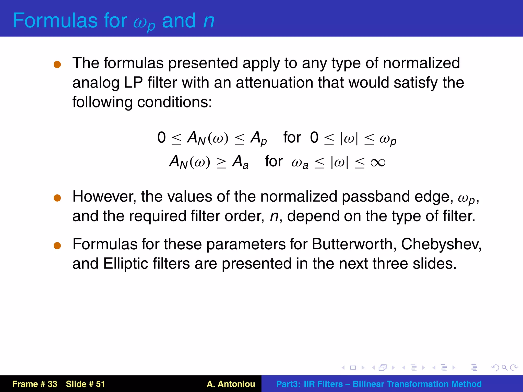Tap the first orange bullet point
57,64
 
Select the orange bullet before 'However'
57,198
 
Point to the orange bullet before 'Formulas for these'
57,246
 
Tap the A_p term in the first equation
258,138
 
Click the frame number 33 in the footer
52,384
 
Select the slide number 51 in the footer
100,384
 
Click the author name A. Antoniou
231,384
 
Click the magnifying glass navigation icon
504,367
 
